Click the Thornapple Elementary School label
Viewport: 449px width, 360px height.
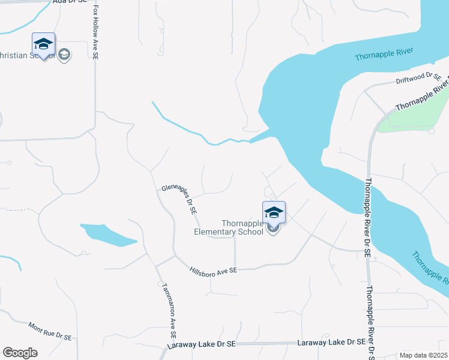[x=228, y=227]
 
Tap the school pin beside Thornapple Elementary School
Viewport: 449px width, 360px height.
[x=274, y=213]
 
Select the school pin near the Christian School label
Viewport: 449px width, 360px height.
[x=43, y=45]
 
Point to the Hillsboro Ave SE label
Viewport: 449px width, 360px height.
[x=214, y=271]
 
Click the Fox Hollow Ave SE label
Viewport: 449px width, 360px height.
[x=95, y=34]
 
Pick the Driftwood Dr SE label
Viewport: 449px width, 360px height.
[x=418, y=78]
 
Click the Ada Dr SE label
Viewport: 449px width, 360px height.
[x=67, y=2]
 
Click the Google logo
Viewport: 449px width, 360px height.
[x=20, y=353]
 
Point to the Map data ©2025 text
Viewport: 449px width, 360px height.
[x=424, y=355]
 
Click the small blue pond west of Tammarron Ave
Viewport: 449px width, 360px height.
[x=108, y=235]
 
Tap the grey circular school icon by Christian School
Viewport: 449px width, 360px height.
[x=64, y=55]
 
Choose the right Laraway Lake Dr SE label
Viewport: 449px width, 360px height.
[x=332, y=342]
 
